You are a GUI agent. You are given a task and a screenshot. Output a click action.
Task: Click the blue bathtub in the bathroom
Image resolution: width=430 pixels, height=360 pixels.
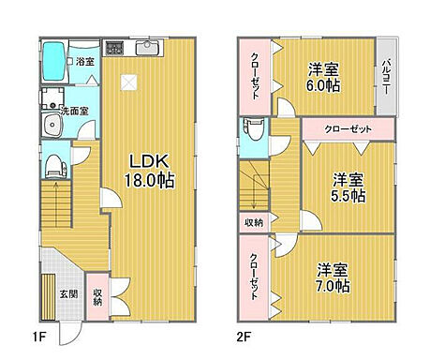pyautogui.click(x=54, y=63)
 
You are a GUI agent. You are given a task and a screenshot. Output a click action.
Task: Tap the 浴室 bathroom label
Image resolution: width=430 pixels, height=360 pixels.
pyautogui.click(x=84, y=62)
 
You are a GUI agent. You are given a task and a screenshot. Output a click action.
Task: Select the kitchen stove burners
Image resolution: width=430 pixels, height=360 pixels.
pyautogui.click(x=114, y=47)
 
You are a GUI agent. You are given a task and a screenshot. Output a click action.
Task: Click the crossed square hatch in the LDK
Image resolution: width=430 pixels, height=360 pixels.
pyautogui.click(x=129, y=82)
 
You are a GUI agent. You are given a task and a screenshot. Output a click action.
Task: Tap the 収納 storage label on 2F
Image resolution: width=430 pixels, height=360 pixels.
pyautogui.click(x=254, y=222)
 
